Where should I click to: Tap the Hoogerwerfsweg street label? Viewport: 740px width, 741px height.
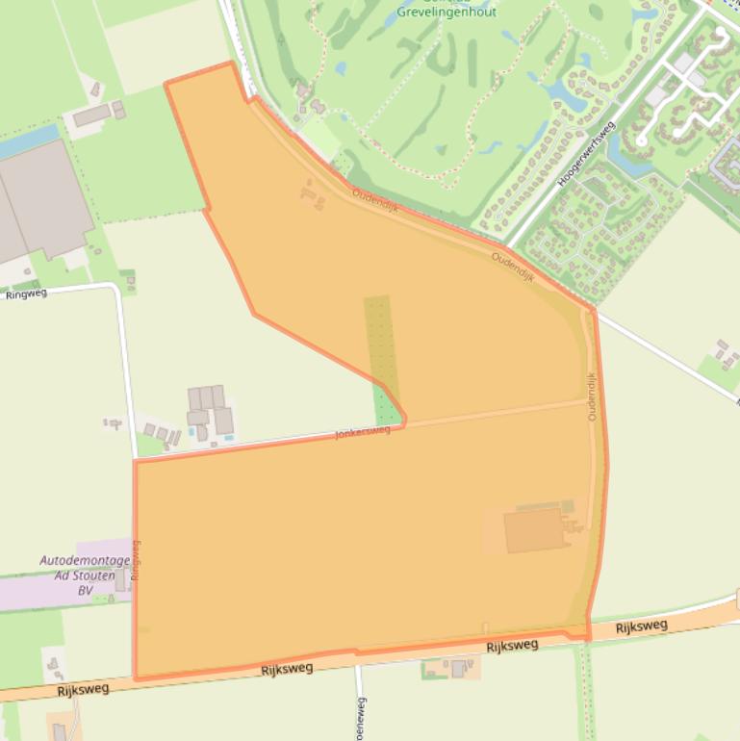coord(586,152)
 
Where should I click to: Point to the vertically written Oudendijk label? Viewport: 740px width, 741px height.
coord(592,396)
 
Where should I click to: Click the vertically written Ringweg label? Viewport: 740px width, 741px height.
coord(136,559)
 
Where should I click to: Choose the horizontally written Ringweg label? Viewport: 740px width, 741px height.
coord(26,294)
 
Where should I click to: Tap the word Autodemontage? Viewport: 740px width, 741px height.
coord(85,560)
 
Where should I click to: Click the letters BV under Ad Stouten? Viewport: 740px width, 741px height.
coord(86,590)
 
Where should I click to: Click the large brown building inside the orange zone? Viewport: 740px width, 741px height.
coord(534,531)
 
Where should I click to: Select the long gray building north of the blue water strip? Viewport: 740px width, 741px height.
coord(91,115)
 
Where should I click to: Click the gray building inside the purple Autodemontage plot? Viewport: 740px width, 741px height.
coord(120,580)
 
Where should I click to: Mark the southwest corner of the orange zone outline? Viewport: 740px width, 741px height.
coord(136,678)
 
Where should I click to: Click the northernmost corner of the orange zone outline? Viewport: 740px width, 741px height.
coord(230,64)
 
